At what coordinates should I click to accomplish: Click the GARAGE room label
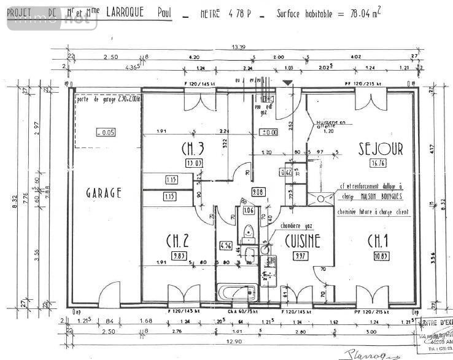[x=104, y=192]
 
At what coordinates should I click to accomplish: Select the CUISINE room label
[x=302, y=241]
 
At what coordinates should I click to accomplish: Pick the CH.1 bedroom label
[x=379, y=241]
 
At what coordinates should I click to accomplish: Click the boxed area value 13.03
[x=194, y=163]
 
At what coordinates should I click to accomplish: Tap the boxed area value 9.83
[x=179, y=256]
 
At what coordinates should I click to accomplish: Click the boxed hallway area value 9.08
[x=258, y=192]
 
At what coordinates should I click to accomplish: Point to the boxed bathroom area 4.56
[x=226, y=246]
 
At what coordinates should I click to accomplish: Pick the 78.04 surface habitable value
[x=346, y=12]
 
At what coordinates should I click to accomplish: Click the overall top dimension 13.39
[x=239, y=47]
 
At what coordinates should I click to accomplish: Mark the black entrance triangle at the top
[x=288, y=82]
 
